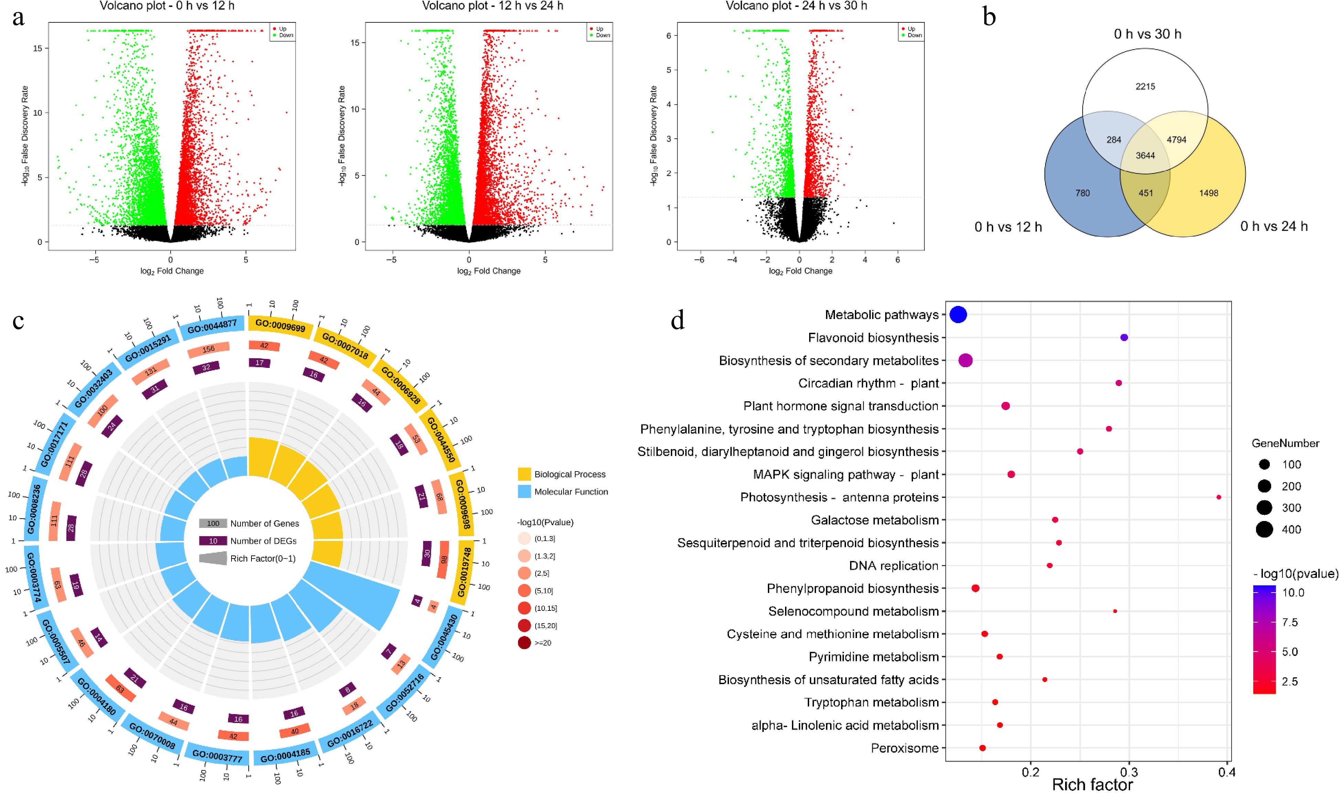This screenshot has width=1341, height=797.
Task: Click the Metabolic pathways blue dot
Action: pyautogui.click(x=958, y=315)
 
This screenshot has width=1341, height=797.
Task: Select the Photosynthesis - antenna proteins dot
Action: pyautogui.click(x=1219, y=497)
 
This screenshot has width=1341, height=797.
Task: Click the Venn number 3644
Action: pyautogui.click(x=1145, y=156)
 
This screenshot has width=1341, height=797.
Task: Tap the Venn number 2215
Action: pyautogui.click(x=1145, y=86)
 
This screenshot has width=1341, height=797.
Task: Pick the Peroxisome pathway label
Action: pyautogui.click(x=904, y=748)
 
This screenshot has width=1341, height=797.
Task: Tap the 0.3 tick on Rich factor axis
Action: pyautogui.click(x=1129, y=772)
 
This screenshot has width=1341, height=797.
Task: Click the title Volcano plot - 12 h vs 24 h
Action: pyautogui.click(x=492, y=6)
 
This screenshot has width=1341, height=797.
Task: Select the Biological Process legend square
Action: pyautogui.click(x=524, y=474)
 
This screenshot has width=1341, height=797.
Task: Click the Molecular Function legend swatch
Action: pyautogui.click(x=524, y=491)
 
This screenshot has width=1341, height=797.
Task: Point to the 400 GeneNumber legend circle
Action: pyautogui.click(x=1264, y=530)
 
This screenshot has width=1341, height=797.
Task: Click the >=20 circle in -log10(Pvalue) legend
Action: pyautogui.click(x=524, y=642)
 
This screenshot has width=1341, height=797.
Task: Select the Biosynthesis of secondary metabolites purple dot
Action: pyautogui.click(x=965, y=360)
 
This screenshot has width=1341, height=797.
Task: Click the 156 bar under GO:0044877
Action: pyautogui.click(x=208, y=350)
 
